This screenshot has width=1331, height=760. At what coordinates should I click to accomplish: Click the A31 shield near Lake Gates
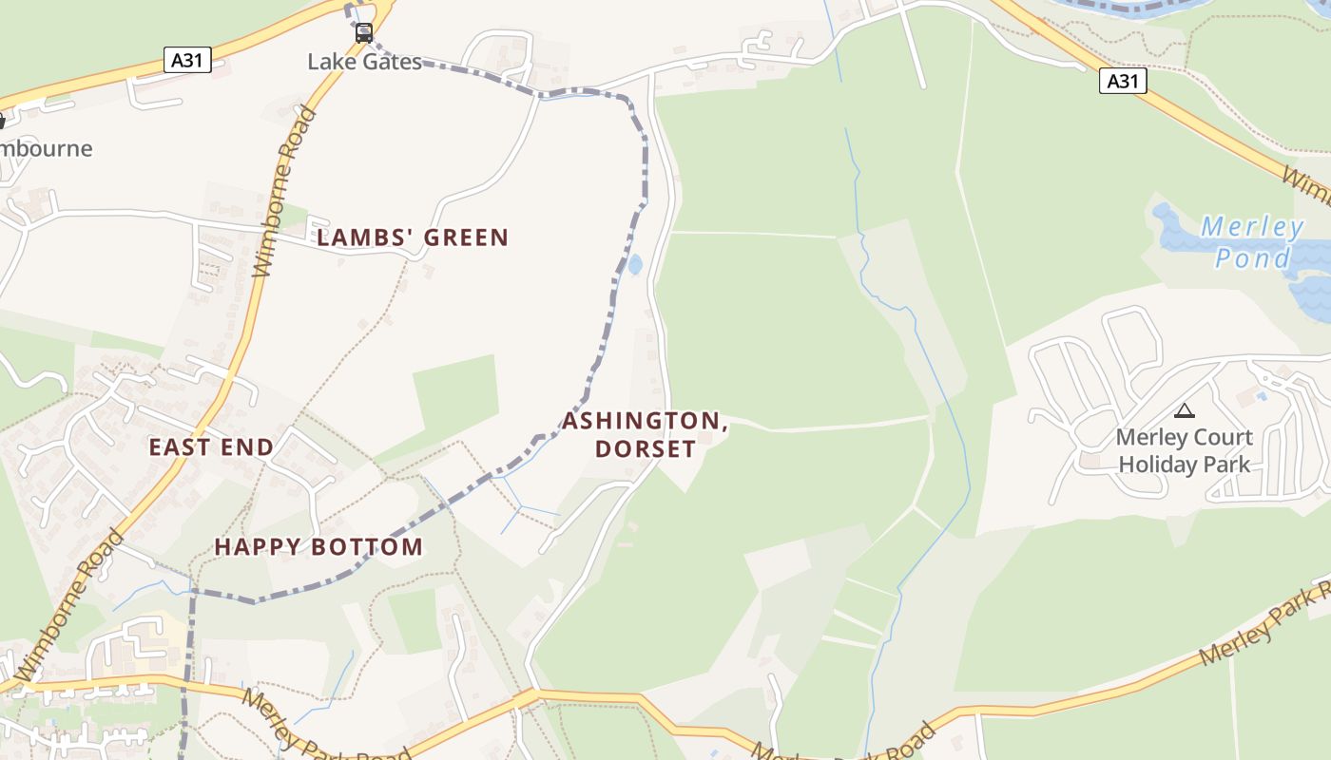point(186,61)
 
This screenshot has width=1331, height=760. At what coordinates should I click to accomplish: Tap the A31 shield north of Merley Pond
point(1123,81)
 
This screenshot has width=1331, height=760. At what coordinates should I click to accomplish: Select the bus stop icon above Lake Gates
point(364,34)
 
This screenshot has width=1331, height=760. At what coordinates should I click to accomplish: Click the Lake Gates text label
point(364,62)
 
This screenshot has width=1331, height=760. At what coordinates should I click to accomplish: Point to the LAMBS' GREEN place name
point(413,237)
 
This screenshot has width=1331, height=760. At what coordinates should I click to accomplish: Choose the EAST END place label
point(211,446)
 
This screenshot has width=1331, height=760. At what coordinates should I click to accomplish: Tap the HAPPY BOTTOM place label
point(318,547)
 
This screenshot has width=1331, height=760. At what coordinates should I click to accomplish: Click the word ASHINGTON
point(645,421)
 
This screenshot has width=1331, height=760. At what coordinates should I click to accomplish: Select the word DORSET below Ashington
point(645,447)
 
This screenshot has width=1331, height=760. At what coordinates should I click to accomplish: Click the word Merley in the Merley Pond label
point(1251,228)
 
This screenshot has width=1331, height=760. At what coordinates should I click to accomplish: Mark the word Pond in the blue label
point(1254,257)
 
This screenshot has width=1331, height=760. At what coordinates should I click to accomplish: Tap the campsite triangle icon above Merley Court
point(1184,410)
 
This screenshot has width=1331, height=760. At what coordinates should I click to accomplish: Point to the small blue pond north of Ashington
point(634,264)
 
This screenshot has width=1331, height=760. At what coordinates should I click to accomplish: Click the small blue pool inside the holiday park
point(1261,395)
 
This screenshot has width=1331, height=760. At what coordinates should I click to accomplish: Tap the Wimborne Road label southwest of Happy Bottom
point(71,604)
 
